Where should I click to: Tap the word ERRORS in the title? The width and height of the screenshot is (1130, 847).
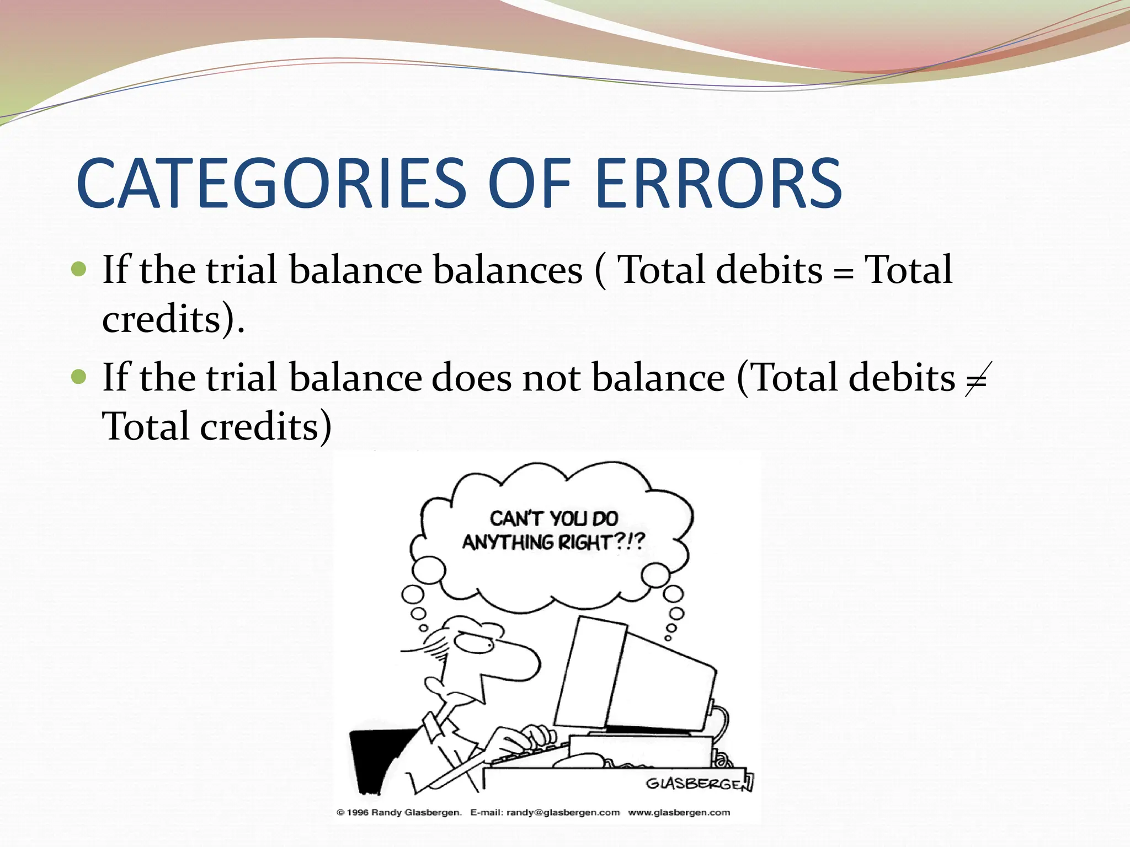tap(718, 184)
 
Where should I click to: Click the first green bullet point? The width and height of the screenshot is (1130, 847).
tap(79, 270)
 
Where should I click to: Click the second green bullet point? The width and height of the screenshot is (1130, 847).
tap(79, 377)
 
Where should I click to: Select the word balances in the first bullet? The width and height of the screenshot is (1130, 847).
tap(507, 270)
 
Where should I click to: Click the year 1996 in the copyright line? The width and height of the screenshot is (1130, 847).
tap(358, 812)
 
